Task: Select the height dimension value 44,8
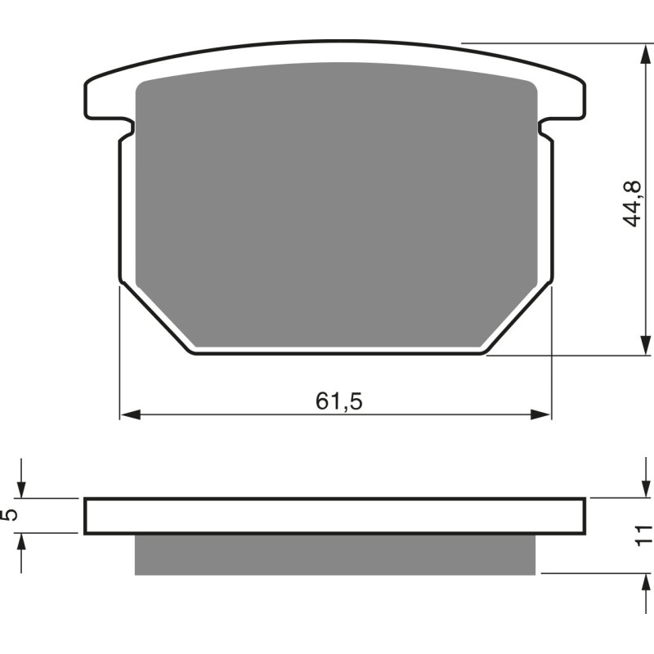pos(631,205)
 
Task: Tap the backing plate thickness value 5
pos(9,515)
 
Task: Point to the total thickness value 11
pos(645,535)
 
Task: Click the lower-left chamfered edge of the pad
pos(156,320)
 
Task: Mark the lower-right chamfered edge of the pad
pos(518,320)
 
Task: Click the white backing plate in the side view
pos(335,515)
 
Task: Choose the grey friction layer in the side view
pos(335,554)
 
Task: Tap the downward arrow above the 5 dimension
pos(22,486)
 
